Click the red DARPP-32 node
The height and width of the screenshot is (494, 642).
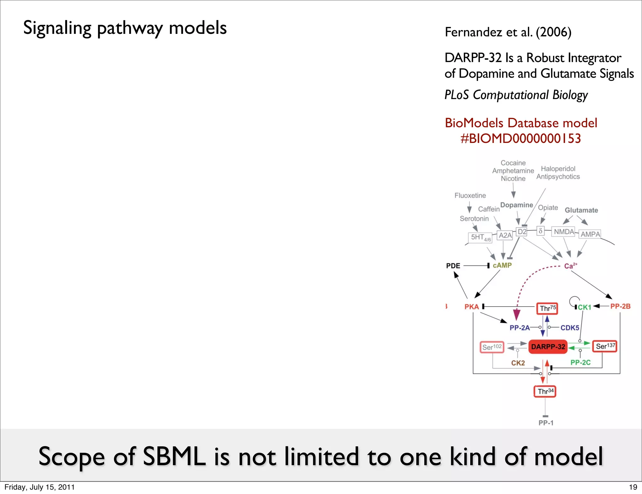(548, 347)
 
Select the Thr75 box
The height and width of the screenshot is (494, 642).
(547, 308)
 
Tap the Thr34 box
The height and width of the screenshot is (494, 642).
(545, 392)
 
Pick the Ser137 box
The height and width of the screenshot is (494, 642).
(605, 346)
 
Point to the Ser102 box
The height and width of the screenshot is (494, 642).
(492, 347)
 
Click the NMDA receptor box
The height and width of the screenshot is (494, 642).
(564, 232)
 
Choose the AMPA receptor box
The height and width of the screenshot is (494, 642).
(590, 234)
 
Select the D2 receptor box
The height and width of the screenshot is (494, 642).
(522, 232)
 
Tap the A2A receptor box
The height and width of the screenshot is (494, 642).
(505, 235)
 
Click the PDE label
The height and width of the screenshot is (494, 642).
(453, 266)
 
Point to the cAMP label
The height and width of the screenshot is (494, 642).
(502, 265)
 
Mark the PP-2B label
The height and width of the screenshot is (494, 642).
(620, 306)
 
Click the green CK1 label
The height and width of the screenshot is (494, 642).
(584, 307)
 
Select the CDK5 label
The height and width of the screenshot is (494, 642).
(570, 328)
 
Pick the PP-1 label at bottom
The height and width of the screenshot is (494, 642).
(546, 423)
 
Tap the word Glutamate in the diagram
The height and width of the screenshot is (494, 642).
(581, 210)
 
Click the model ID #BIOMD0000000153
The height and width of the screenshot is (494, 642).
(521, 139)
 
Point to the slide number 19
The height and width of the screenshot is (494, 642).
(633, 487)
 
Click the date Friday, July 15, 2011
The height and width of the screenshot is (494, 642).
(39, 487)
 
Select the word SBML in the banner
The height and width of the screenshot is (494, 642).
(174, 457)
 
